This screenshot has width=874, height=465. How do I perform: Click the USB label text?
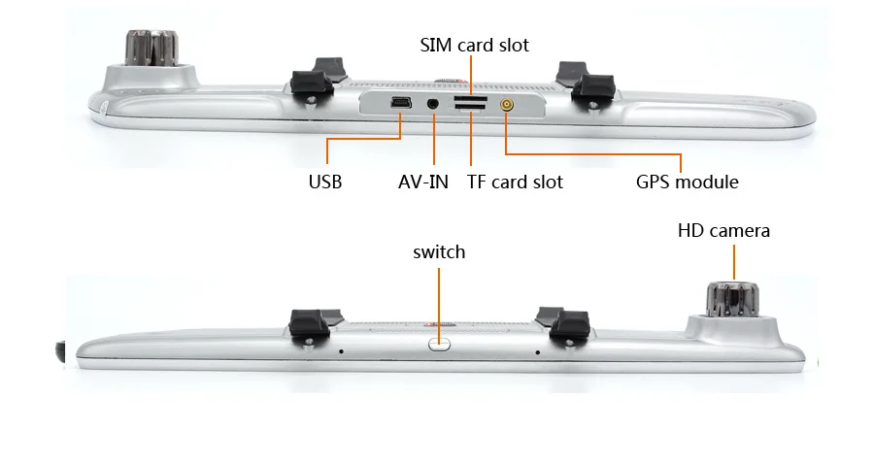click(x=325, y=182)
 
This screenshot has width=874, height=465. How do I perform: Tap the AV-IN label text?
click(x=423, y=182)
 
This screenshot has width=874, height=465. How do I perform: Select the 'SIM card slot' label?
click(x=474, y=45)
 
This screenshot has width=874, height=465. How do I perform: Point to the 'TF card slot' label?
click(x=515, y=182)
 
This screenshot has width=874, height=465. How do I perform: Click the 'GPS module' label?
click(x=688, y=182)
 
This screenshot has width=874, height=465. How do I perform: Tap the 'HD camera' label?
click(x=723, y=230)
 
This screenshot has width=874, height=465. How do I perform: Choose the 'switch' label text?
click(x=439, y=252)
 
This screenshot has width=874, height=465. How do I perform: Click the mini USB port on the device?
click(x=400, y=102)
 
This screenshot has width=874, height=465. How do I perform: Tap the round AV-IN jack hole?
click(x=432, y=103)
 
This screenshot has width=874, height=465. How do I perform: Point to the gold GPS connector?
click(x=506, y=103)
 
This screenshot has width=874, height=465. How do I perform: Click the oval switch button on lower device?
click(x=439, y=342)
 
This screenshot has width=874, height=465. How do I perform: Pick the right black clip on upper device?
click(x=588, y=83)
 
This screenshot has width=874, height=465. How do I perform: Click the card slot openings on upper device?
click(x=470, y=104)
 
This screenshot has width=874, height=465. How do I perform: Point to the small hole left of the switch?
click(x=341, y=351)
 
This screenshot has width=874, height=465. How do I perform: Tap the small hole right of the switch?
click(x=538, y=352)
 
